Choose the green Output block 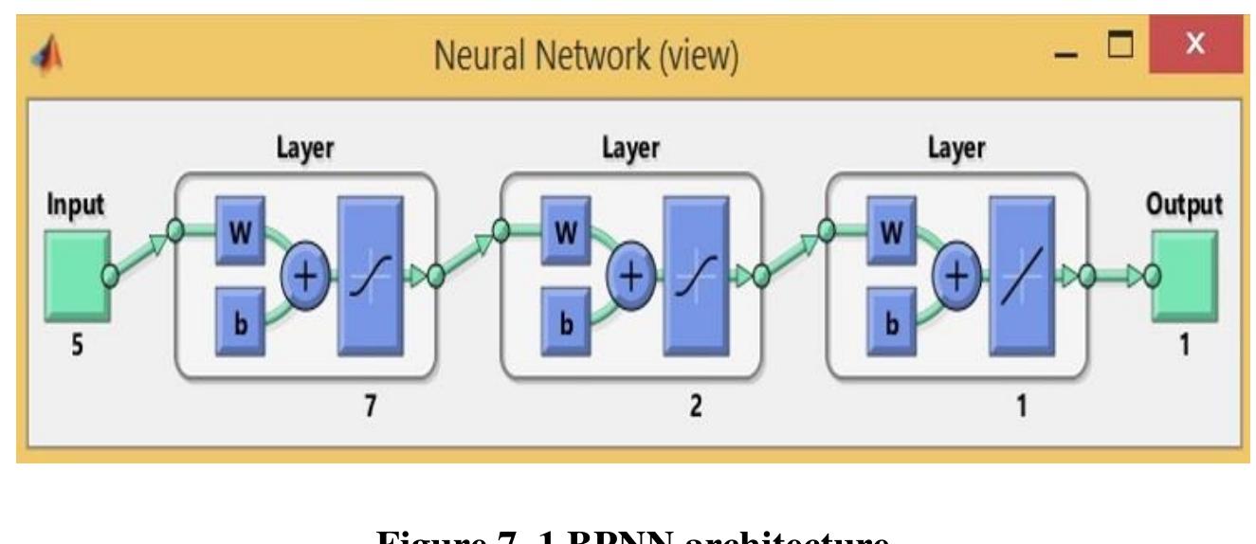pyautogui.click(x=1185, y=274)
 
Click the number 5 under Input pyautogui.click(x=78, y=347)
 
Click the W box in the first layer pyautogui.click(x=244, y=232)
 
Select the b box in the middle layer pyautogui.click(x=569, y=320)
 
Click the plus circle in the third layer pyautogui.click(x=957, y=277)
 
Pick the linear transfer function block pyautogui.click(x=1022, y=277)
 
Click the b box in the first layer pyautogui.click(x=244, y=320)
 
